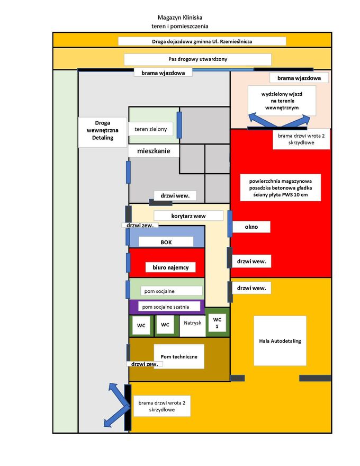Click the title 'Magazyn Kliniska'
pyautogui.click(x=179, y=17)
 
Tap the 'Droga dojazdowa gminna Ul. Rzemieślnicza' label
pyautogui.click(x=202, y=41)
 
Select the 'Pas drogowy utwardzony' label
pyautogui.click(x=197, y=59)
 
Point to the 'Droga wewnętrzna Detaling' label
pyautogui.click(x=103, y=131)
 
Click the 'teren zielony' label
pyautogui.click(x=151, y=129)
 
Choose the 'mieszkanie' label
pyautogui.click(x=154, y=151)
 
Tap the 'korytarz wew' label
pyautogui.click(x=188, y=216)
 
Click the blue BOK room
pyautogui.click(x=166, y=236)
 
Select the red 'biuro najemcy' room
pyautogui.click(x=167, y=263)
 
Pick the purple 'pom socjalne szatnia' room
pyautogui.click(x=166, y=307)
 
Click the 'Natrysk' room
pyautogui.click(x=193, y=323)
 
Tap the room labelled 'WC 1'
pyautogui.click(x=217, y=322)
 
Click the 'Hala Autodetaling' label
pyautogui.click(x=280, y=340)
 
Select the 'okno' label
pyautogui.click(x=251, y=227)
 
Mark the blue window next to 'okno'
pyautogui.click(x=230, y=223)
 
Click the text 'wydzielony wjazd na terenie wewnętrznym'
pyautogui.click(x=281, y=100)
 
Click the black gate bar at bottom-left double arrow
pyautogui.click(x=128, y=407)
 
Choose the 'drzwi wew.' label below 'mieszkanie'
pyautogui.click(x=175, y=195)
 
